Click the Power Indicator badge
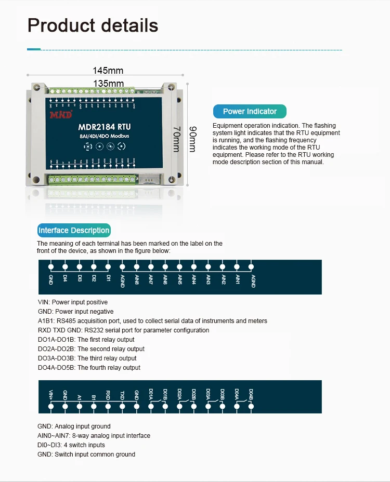click(x=250, y=111)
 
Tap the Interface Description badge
click(x=74, y=230)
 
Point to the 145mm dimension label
click(x=108, y=71)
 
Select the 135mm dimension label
click(x=108, y=83)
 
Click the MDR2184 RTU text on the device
click(x=104, y=126)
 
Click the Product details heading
click(x=93, y=25)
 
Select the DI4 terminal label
click(x=66, y=278)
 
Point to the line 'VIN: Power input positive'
click(x=73, y=302)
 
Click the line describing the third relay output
click(x=87, y=358)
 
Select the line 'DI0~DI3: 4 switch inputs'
click(x=71, y=445)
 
